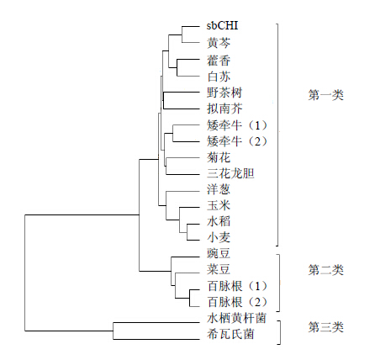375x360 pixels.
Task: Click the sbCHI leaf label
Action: click(x=222, y=26)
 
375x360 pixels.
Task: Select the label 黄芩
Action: click(x=219, y=43)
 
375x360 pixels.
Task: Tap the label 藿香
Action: click(x=219, y=61)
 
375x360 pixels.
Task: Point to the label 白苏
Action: click(x=219, y=77)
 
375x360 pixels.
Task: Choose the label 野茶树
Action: click(x=224, y=93)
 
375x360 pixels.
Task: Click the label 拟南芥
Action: click(x=224, y=109)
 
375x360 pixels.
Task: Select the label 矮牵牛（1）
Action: click(x=237, y=125)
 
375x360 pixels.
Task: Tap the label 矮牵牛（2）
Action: click(x=237, y=141)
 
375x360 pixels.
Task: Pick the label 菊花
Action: click(x=219, y=157)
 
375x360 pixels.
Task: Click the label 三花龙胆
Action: click(x=230, y=173)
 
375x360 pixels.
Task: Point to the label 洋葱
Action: click(x=219, y=189)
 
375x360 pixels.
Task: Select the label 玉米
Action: click(x=219, y=205)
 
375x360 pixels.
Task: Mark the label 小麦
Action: click(x=219, y=237)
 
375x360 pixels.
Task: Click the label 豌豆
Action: click(x=219, y=253)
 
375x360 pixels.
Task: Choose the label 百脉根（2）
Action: click(x=237, y=302)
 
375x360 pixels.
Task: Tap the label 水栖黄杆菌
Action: click(x=236, y=318)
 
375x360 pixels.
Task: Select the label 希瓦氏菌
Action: click(x=230, y=334)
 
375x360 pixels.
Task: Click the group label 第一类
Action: click(x=325, y=95)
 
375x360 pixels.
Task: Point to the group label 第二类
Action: click(x=325, y=270)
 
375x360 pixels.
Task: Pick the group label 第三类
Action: click(x=325, y=327)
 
